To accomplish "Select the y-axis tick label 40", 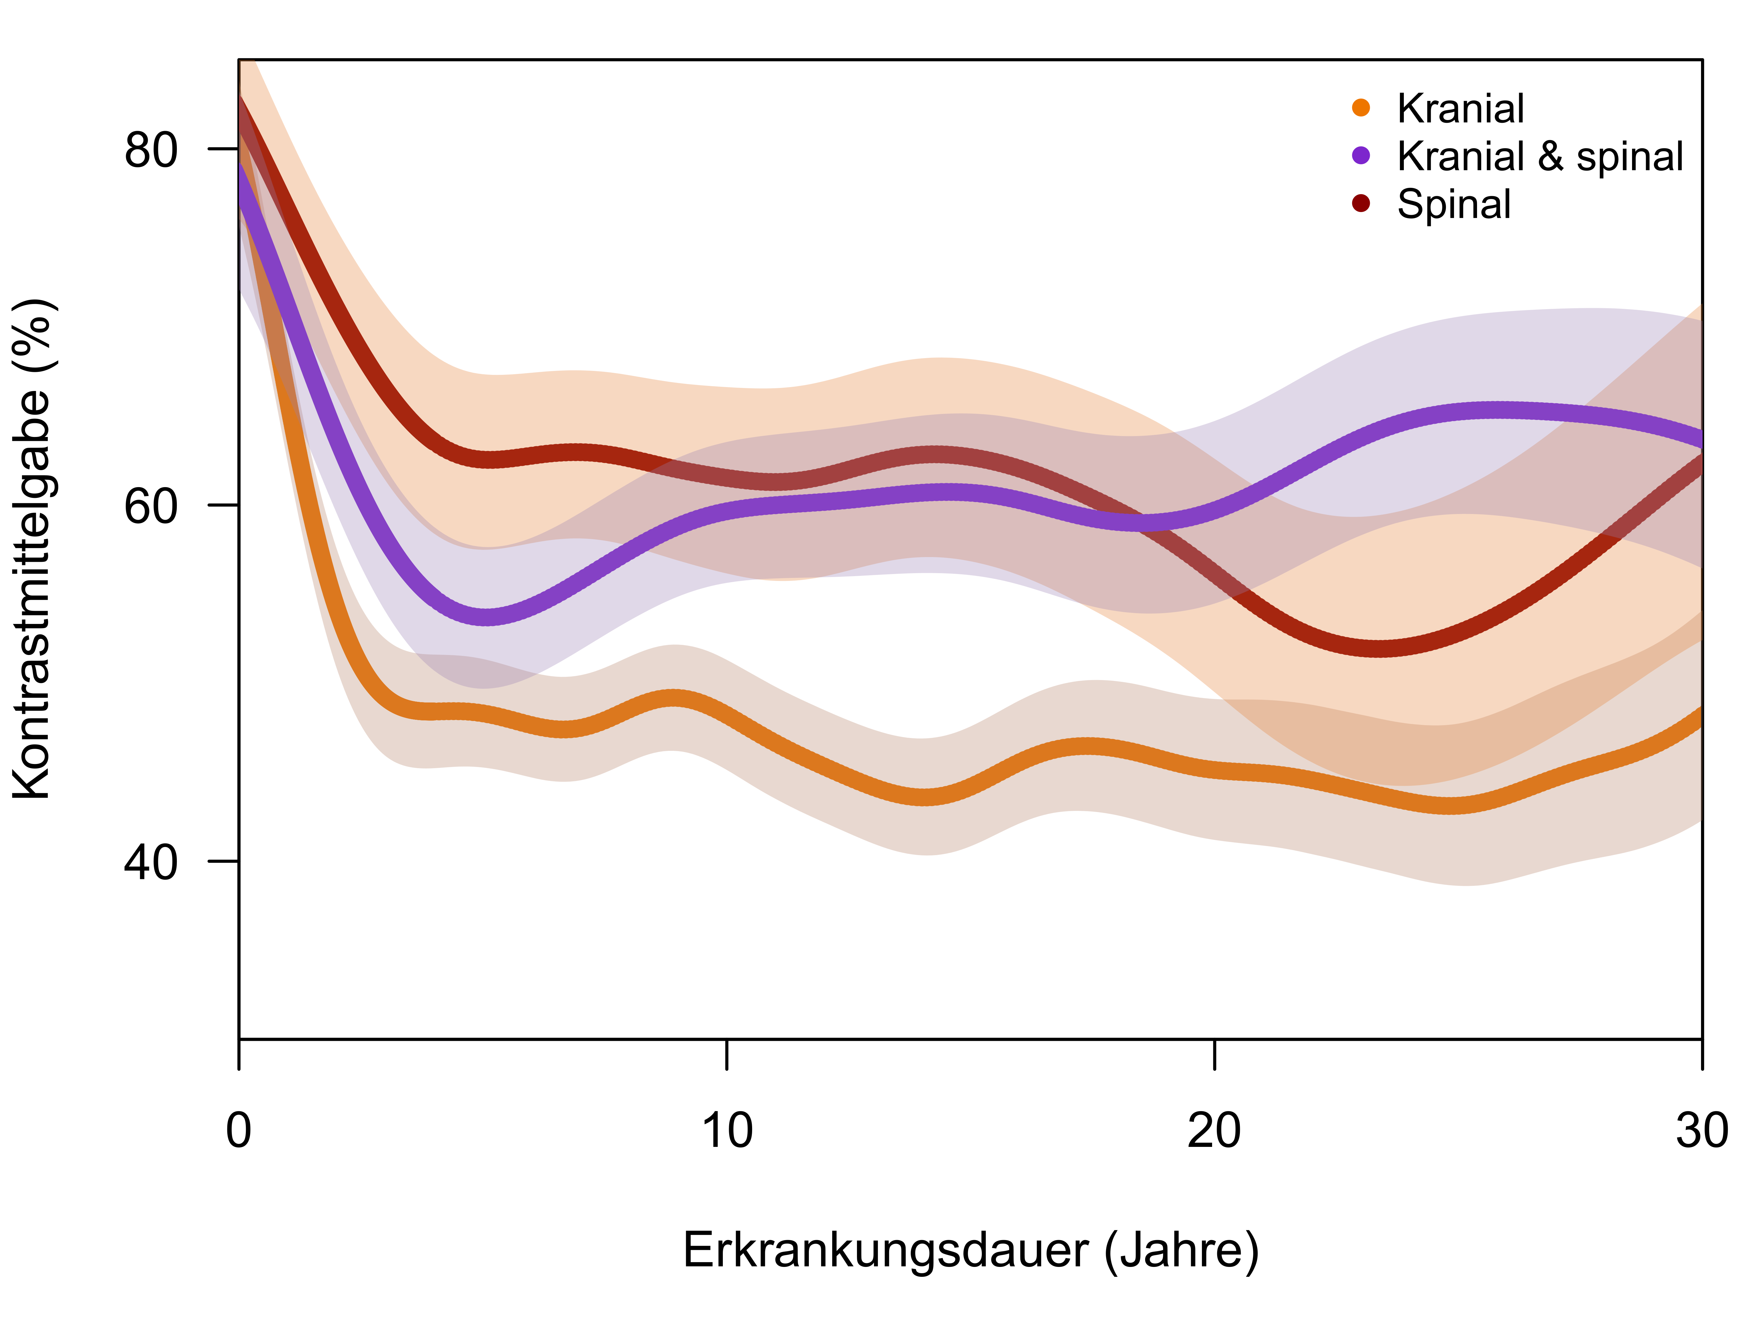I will (x=150, y=863).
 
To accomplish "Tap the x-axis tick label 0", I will (x=238, y=1130).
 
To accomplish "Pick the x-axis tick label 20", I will (x=1214, y=1130).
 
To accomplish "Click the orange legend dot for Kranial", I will (x=1361, y=108).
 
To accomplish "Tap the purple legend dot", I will (x=1361, y=156).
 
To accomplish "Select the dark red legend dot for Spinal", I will (x=1361, y=204).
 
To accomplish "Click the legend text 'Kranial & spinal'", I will (x=1540, y=156).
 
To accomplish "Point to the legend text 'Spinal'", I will (x=1453, y=204).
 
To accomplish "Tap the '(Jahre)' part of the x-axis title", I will (x=1181, y=1250).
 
